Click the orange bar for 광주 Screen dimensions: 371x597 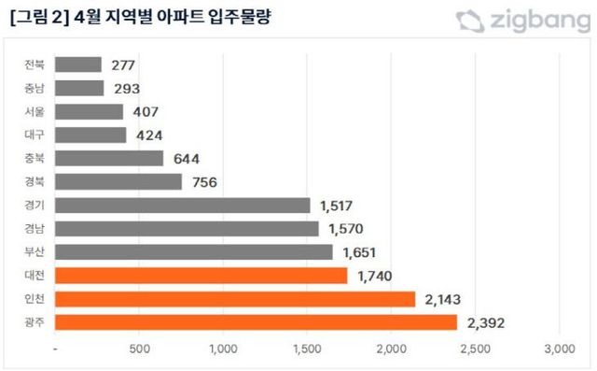pyautogui.click(x=257, y=322)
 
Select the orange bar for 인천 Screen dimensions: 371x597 pyautogui.click(x=235, y=299)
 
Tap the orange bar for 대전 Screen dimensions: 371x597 pyautogui.click(x=201, y=276)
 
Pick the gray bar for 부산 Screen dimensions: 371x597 pyautogui.click(x=194, y=252)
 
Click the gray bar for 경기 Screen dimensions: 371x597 pyautogui.click(x=183, y=206)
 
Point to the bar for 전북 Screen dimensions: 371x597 pyautogui.click(x=78, y=64)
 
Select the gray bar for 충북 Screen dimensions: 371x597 pyautogui.click(x=109, y=159)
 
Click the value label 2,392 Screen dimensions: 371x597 pyautogui.click(x=488, y=322)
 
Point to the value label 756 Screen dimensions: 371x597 pyautogui.click(x=203, y=182)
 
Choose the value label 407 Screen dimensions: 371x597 pyautogui.click(x=147, y=112)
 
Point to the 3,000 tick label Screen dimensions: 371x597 pyautogui.click(x=558, y=350)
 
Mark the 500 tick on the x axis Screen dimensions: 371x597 pyautogui.click(x=140, y=350)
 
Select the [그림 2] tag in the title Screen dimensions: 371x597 pyautogui.click(x=35, y=18)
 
